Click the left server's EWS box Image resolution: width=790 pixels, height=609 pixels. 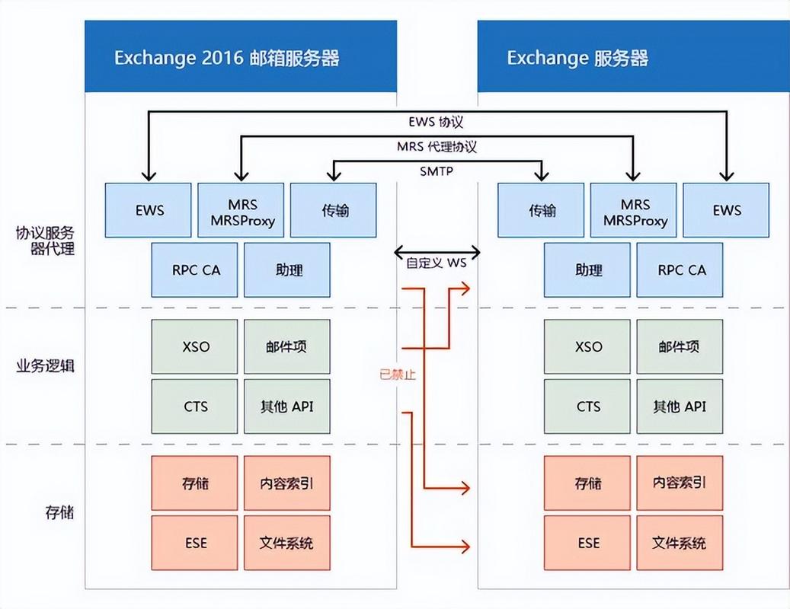(x=149, y=209)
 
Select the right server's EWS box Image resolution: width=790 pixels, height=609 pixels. (x=726, y=209)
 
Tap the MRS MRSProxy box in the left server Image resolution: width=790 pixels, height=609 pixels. (x=241, y=209)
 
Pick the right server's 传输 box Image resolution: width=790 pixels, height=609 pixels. (x=542, y=209)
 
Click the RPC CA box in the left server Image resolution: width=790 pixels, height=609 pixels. (x=195, y=269)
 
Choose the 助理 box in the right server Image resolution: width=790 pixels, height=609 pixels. (x=587, y=269)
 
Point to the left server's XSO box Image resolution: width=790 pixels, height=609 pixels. (x=195, y=346)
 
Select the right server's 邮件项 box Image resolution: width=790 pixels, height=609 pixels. (x=680, y=346)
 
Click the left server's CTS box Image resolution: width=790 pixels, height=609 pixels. (x=195, y=407)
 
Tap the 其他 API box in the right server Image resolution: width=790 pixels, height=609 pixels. (x=680, y=407)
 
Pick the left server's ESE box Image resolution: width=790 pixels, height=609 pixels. (x=195, y=543)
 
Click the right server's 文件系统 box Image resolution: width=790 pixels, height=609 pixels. (x=680, y=543)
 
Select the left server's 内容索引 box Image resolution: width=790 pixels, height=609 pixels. (x=287, y=483)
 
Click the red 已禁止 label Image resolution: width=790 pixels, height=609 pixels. (x=398, y=374)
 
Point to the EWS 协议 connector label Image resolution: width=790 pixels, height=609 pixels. (x=436, y=121)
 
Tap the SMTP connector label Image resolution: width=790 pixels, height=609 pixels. (x=436, y=171)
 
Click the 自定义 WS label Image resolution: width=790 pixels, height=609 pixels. (x=436, y=263)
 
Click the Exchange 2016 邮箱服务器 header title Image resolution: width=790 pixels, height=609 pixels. (x=226, y=58)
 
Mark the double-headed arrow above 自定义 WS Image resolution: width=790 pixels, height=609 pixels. (x=437, y=251)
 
